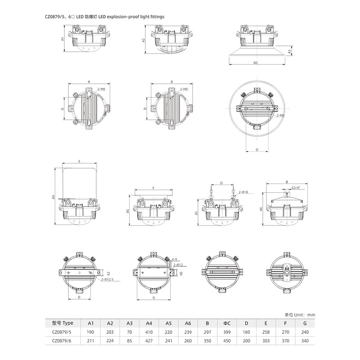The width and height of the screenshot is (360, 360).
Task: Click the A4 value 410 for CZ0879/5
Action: click(x=149, y=332)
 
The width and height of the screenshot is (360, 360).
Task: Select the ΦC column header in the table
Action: click(x=227, y=323)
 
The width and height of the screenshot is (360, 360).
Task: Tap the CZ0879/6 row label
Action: click(x=62, y=341)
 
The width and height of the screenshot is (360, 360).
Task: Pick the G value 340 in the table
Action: click(x=305, y=341)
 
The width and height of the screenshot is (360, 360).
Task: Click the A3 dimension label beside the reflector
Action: click(x=289, y=52)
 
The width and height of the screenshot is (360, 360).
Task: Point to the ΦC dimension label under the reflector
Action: click(x=256, y=63)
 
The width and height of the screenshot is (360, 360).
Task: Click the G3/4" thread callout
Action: click(x=296, y=188)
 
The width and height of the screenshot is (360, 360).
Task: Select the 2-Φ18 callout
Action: click(x=243, y=192)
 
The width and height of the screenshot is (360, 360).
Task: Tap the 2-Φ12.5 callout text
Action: click(x=107, y=279)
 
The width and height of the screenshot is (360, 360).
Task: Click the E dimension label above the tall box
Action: click(x=80, y=162)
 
